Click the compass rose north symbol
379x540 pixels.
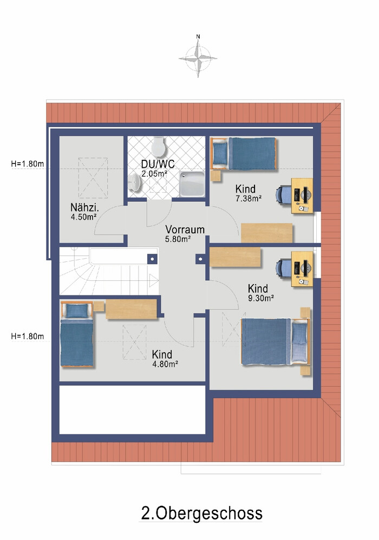[198, 56]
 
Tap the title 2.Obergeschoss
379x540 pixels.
[201, 513]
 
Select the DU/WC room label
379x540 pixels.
[158, 164]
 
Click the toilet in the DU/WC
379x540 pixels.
[159, 147]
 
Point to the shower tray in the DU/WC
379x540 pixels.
[192, 184]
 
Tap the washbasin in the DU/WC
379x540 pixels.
[135, 182]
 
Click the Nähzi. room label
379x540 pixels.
[84, 207]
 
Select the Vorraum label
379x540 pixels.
[185, 229]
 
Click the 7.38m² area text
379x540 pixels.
[249, 199]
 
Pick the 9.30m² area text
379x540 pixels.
[261, 298]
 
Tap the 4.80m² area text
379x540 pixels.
[165, 364]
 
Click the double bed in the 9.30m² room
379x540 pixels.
[276, 341]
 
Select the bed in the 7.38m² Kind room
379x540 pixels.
[244, 154]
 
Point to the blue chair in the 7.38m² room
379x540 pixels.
[283, 195]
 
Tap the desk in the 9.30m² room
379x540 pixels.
[302, 269]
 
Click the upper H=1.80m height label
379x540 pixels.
[28, 164]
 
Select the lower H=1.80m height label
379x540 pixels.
[28, 336]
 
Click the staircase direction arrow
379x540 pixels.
[154, 280]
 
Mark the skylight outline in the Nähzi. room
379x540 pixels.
[93, 177]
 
